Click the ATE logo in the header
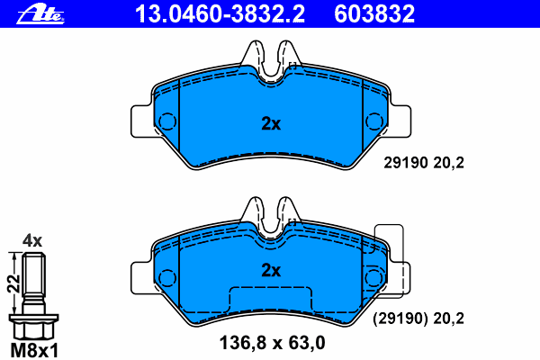click(x=40, y=14)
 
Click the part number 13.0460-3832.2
click(x=220, y=14)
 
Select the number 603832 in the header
click(x=374, y=14)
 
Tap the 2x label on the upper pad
click(x=271, y=123)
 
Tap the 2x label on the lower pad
click(x=271, y=270)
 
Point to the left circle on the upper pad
click(x=167, y=121)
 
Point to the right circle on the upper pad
click(x=374, y=121)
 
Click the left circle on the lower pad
click(x=167, y=278)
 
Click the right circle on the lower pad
click(x=374, y=278)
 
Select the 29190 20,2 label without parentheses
click(x=424, y=163)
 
